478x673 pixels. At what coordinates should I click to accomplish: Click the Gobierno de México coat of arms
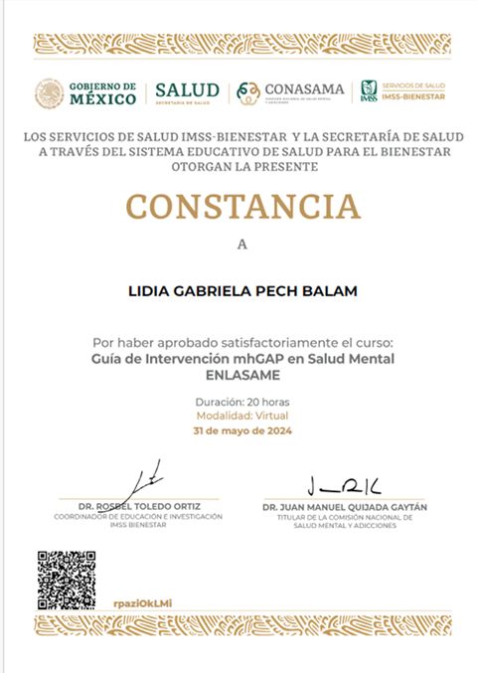pos(50,93)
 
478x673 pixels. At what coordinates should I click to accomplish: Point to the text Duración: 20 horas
pos(241,401)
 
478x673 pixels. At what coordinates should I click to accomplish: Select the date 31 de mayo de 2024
pos(241,431)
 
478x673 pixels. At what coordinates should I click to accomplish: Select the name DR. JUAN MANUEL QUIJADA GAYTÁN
pos(344,507)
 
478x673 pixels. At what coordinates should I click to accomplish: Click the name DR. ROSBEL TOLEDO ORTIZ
pos(138,507)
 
